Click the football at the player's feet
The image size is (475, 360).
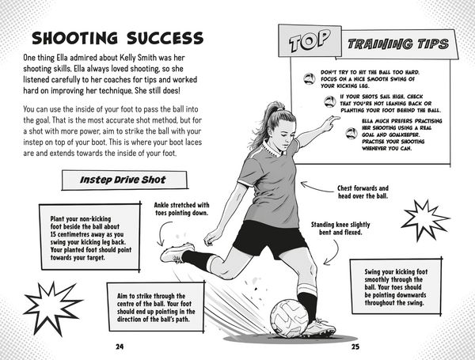coord(289,318)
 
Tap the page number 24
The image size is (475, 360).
coord(120,347)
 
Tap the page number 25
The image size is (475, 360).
coord(355,347)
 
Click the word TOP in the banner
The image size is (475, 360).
coord(310,40)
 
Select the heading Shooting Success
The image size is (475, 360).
coord(117,38)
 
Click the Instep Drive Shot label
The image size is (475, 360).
coord(123,180)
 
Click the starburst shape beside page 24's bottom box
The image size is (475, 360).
coord(52,308)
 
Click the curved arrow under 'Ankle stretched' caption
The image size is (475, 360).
coord(161,233)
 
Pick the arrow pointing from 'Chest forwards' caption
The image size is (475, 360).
coord(317,187)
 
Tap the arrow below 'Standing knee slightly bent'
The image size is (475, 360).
coord(334,253)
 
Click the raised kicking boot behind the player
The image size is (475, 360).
coord(177,253)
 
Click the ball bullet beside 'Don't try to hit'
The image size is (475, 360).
coord(310,78)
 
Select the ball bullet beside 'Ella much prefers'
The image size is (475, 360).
coord(351,133)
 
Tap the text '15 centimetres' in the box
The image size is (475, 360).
coord(70,234)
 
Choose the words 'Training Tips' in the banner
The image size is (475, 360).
coord(398,44)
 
